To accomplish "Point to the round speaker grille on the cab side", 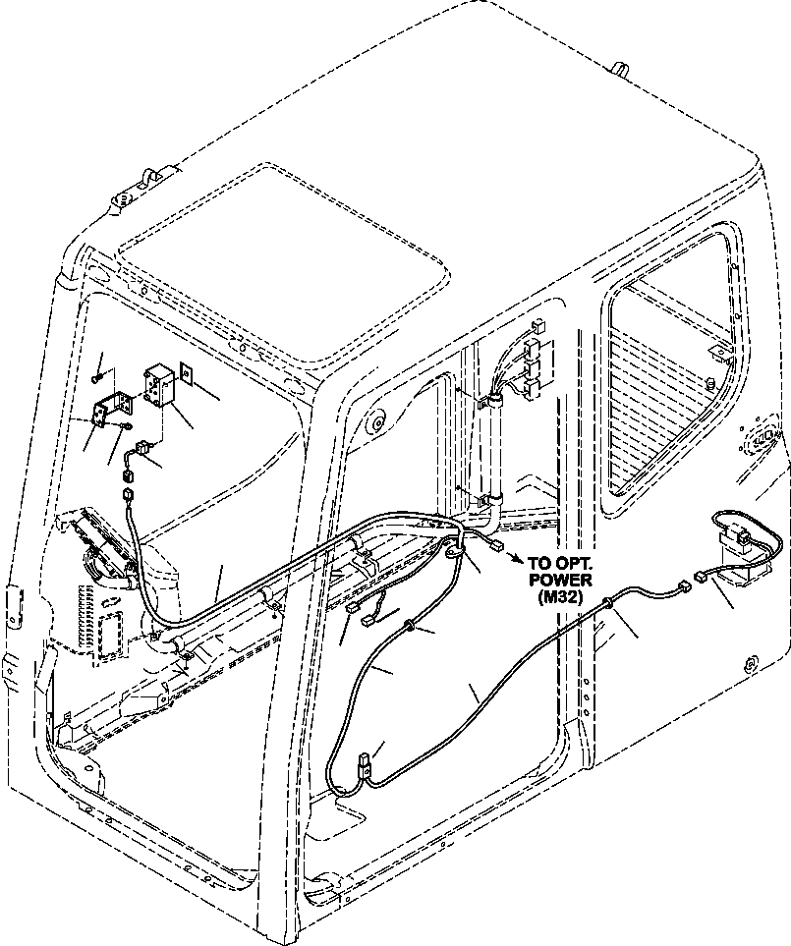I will point(761,438).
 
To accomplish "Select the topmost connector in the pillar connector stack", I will point(537,330).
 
